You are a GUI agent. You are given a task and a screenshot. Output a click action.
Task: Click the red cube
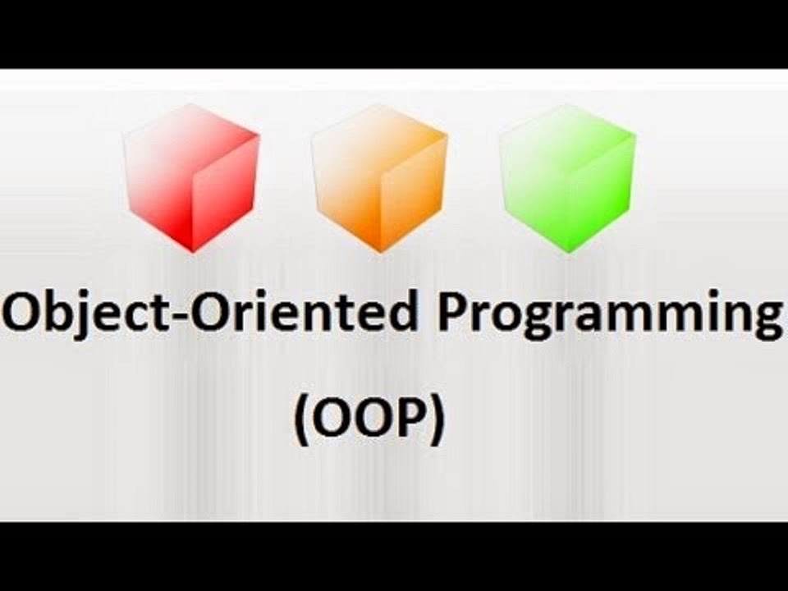[x=192, y=177]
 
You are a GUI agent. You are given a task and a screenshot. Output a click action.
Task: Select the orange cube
[x=380, y=177]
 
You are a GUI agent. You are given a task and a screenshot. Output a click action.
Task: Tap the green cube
[x=568, y=177]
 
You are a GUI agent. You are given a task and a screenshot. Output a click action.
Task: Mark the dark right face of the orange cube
[x=414, y=193]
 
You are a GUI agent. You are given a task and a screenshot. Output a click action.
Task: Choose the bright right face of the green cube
[x=602, y=193]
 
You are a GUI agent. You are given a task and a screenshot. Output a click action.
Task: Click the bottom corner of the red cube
[x=193, y=252]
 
